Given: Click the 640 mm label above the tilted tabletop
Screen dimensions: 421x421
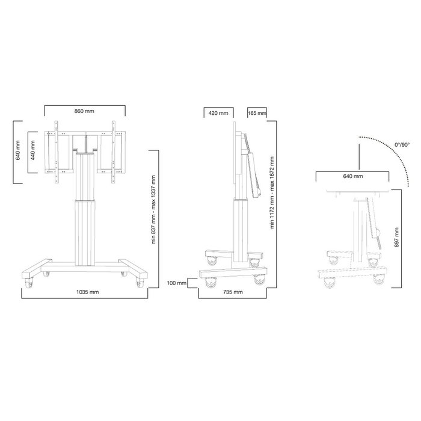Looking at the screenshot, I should pos(353,176).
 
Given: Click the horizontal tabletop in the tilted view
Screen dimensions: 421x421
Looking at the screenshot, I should pos(357,192).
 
